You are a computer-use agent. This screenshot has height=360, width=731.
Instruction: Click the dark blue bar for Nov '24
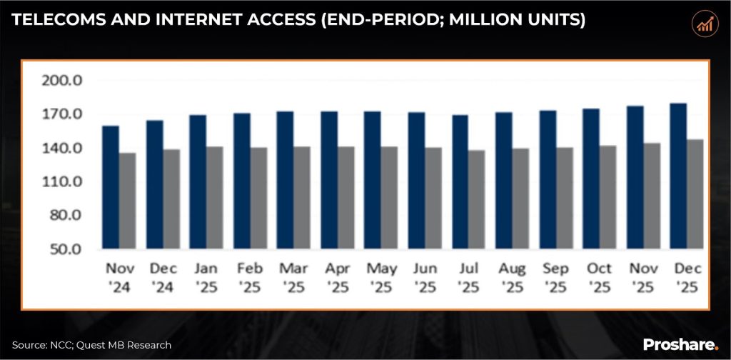111,188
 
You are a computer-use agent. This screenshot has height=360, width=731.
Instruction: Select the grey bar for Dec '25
695,194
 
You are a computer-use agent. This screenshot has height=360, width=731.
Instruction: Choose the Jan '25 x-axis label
207,278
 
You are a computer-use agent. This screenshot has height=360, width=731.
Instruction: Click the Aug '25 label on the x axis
513,278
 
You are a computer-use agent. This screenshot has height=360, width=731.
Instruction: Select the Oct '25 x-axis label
600,278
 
